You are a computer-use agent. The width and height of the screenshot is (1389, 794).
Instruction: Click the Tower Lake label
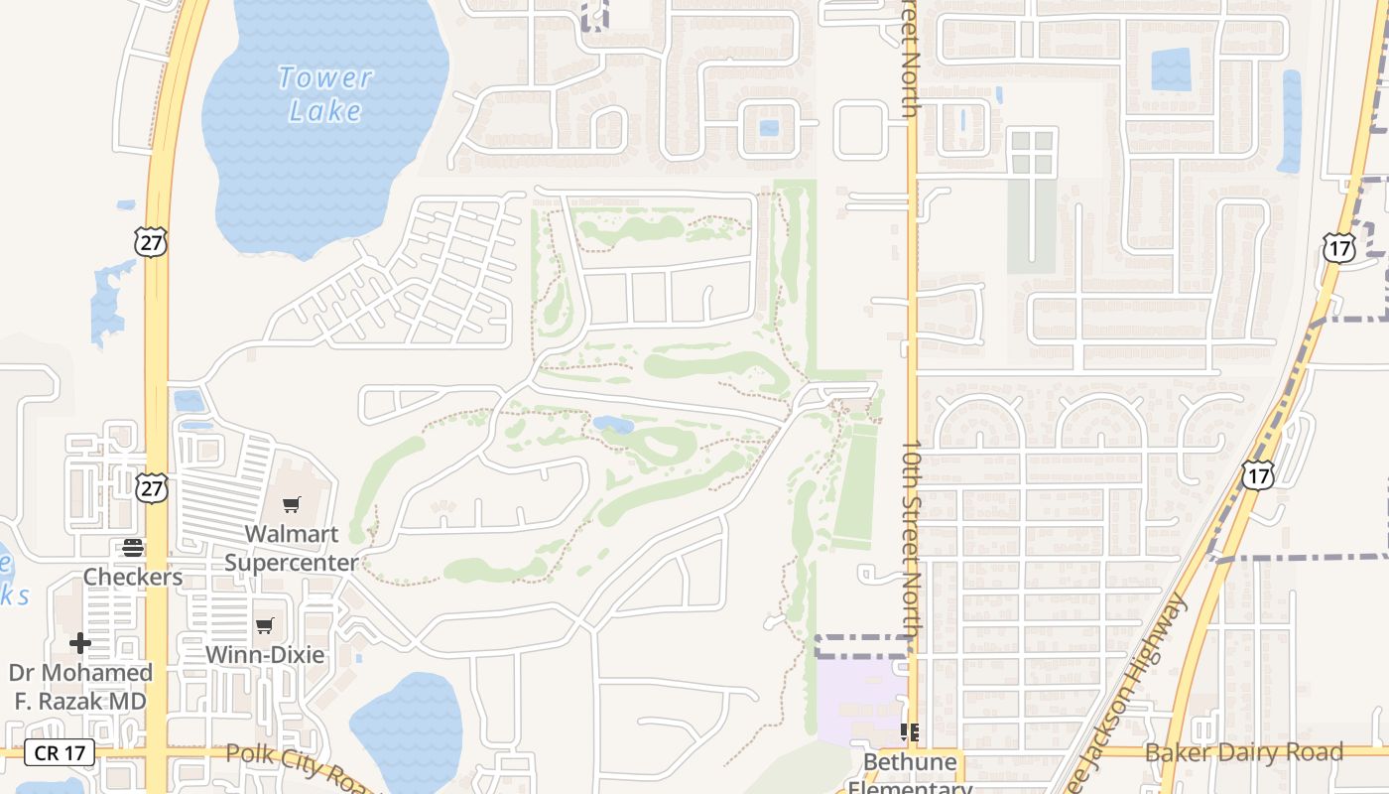324,93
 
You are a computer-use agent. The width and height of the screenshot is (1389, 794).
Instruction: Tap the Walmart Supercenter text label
292,548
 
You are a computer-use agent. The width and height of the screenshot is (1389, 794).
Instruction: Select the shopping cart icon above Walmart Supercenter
291,504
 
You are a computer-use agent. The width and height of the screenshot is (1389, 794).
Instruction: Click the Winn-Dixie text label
265,655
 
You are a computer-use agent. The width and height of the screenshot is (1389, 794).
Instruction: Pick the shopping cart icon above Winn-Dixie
264,625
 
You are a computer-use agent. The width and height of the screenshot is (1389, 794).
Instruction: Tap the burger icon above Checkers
132,547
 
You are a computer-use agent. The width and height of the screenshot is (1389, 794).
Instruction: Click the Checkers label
133,577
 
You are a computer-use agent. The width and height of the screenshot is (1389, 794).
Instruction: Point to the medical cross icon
80,643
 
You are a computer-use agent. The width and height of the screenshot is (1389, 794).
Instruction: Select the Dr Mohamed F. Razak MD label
80,687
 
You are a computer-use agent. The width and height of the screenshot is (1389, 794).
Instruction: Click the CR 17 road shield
61,752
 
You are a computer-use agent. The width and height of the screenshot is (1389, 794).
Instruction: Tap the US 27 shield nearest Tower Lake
152,241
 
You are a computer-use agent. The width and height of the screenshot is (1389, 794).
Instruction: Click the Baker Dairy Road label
1244,752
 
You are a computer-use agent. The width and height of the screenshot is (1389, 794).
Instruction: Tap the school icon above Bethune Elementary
909,732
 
